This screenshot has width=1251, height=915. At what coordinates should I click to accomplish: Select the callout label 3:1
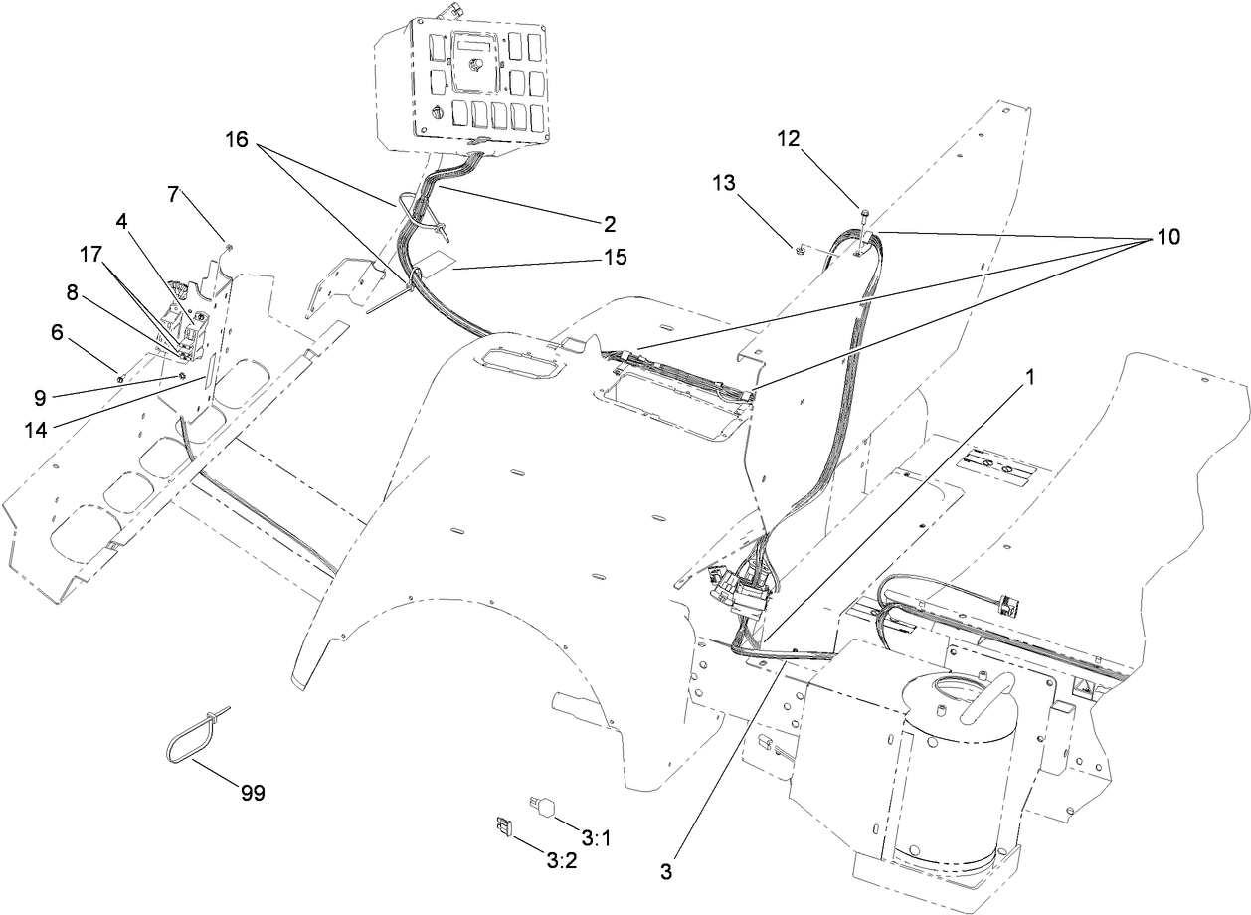596,839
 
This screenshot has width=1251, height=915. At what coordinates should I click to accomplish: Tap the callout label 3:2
561,859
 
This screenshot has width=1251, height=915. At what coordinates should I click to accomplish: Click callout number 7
173,194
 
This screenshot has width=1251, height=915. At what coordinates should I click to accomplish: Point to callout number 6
57,333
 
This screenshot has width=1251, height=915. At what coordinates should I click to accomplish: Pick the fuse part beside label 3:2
502,825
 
